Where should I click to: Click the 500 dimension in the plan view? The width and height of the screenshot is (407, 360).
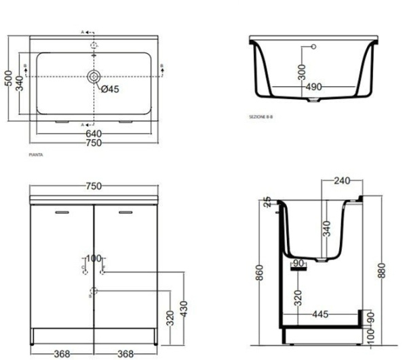(x=8, y=79)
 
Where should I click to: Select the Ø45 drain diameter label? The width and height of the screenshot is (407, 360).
(x=111, y=89)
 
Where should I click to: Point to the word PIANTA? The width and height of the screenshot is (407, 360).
(x=36, y=156)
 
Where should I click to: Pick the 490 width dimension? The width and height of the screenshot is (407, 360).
(x=313, y=87)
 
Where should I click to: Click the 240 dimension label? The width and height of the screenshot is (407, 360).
(x=343, y=181)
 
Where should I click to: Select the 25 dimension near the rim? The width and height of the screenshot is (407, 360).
(x=267, y=201)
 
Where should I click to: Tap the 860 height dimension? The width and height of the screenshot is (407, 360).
(x=260, y=273)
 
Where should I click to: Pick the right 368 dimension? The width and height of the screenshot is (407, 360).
(x=125, y=353)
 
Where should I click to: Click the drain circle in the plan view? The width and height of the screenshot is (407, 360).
(x=94, y=76)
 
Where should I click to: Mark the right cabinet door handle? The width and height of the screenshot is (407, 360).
(x=125, y=213)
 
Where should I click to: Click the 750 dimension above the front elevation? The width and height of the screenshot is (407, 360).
(x=94, y=186)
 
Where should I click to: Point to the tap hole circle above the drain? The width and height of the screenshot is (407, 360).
(x=94, y=45)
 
